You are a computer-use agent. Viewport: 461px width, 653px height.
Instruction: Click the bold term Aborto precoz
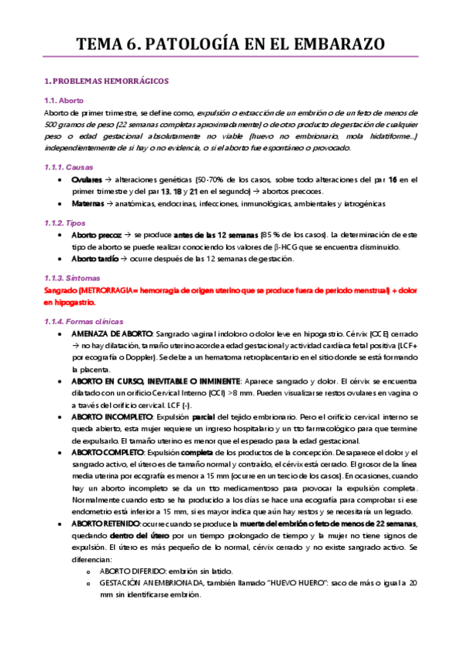point(95,234)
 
